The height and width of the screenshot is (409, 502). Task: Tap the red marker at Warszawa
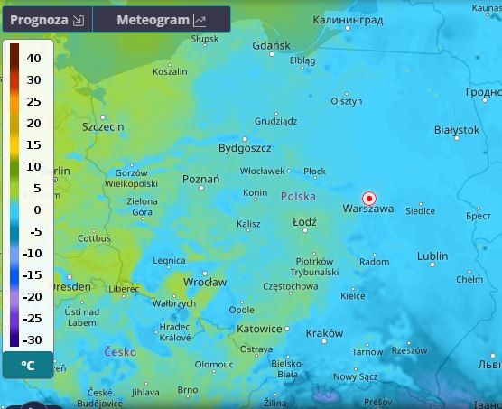coord(368,199)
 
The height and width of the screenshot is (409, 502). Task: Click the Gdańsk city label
coord(271,45)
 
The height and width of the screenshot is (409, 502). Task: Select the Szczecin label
coord(103,127)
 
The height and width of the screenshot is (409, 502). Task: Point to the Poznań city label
coord(200,180)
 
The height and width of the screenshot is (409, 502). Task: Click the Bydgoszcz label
coord(245,148)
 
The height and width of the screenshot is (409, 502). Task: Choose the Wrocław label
coord(205,282)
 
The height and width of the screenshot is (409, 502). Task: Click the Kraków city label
coord(324,333)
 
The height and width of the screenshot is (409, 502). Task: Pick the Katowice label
coord(260,329)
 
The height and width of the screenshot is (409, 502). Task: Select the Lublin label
coord(432,256)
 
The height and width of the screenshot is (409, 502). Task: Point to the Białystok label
coord(457,130)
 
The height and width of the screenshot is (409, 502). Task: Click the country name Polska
coord(298,196)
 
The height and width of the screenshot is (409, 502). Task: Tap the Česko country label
coord(120,351)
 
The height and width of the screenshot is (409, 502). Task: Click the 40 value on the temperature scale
coord(33,58)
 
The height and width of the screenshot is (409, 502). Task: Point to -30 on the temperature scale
coord(32,339)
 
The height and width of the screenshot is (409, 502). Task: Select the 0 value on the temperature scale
coord(37,209)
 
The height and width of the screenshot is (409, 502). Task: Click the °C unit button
coord(28,366)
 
